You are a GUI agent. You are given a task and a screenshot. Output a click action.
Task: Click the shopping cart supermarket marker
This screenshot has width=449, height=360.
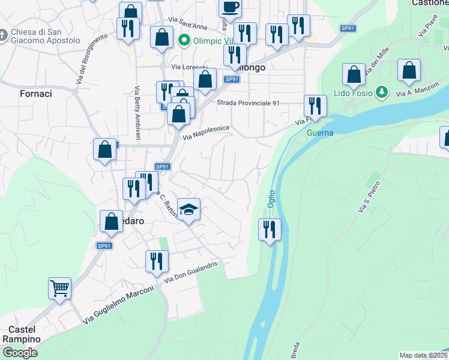click(x=59, y=289)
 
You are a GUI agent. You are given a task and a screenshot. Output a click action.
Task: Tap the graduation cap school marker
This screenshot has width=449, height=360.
click(x=189, y=210)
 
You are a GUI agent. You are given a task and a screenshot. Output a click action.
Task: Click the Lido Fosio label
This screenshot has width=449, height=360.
click(x=354, y=93)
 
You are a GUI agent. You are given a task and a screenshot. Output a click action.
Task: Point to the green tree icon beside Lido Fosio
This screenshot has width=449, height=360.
click(x=380, y=92)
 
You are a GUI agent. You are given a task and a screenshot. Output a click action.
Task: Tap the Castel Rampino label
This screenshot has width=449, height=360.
click(x=25, y=334)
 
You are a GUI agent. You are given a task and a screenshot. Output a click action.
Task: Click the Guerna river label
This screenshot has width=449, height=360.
click(x=320, y=133)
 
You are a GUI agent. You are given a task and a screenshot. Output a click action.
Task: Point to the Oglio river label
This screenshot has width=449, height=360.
click(x=271, y=194)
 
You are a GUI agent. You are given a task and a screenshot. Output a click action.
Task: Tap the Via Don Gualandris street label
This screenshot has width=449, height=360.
click(x=193, y=271)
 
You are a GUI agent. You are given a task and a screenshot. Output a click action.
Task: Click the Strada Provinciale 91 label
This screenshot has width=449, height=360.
click(x=249, y=103)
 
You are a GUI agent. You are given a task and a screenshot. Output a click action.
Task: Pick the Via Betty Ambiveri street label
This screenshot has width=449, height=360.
click(x=137, y=113)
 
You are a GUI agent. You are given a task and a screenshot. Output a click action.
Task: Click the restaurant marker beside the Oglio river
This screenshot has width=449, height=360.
click(x=270, y=229)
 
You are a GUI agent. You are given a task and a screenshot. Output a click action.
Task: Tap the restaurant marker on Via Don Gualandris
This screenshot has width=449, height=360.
click(x=157, y=262)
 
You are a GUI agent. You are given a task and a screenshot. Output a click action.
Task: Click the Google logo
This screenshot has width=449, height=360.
click(x=20, y=352)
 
